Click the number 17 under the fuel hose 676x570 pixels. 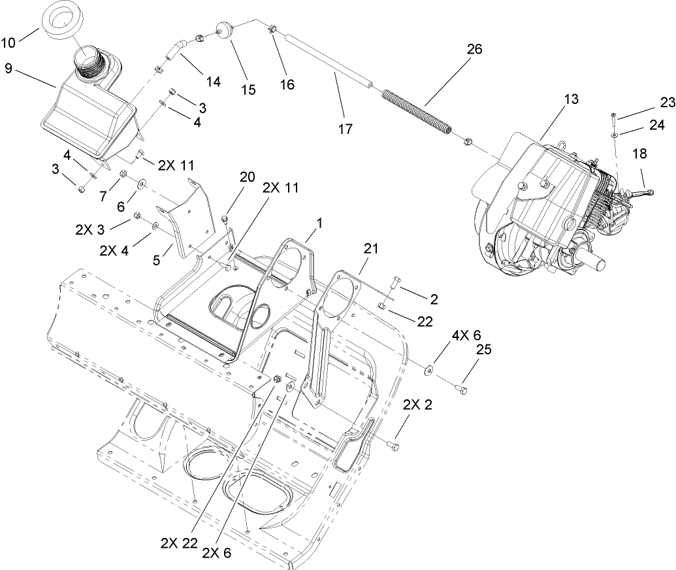point(345,129)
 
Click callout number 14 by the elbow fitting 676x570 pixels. point(213,82)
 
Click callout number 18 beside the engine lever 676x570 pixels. point(640,154)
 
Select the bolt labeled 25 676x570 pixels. point(464,390)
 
